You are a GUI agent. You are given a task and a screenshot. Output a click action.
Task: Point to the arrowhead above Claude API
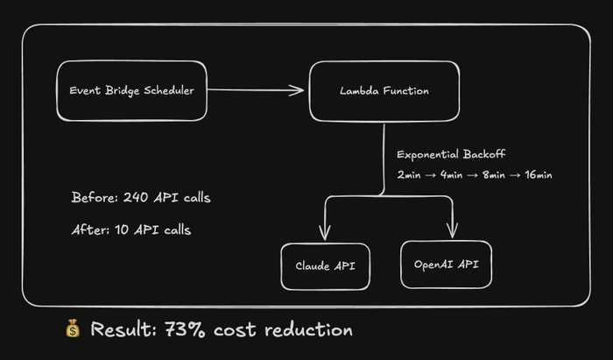[x=325, y=233]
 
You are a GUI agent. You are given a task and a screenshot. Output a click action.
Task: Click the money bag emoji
[x=73, y=328]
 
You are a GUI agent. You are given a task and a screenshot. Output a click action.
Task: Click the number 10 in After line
[x=122, y=229]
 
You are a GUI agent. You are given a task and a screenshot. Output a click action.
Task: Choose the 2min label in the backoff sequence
[x=409, y=174]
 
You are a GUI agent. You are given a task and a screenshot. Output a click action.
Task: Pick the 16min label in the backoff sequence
[x=539, y=174]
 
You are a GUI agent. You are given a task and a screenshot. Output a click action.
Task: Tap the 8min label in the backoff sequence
[x=494, y=174]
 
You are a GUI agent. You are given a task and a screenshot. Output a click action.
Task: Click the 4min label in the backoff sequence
[x=452, y=174]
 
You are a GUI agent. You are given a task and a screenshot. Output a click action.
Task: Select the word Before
[x=95, y=197]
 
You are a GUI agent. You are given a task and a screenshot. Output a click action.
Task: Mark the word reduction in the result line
[x=308, y=329]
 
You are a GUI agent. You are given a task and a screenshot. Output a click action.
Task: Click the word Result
[x=123, y=329]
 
